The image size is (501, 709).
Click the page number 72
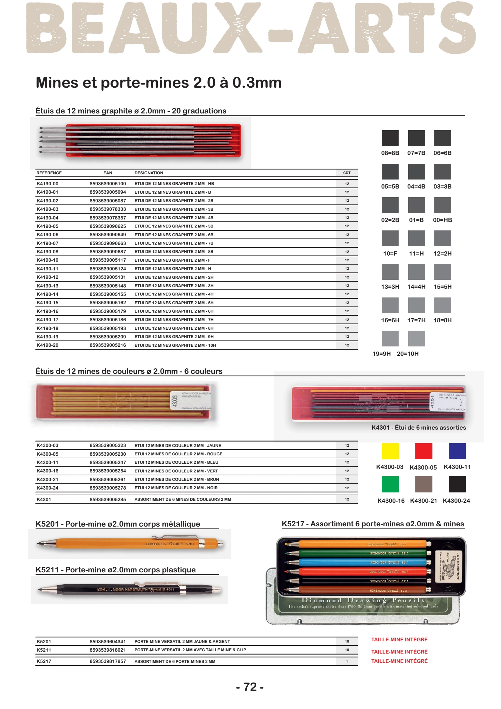pos(250,687)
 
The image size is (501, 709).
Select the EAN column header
pos(108,173)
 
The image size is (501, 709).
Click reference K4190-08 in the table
pos(47,252)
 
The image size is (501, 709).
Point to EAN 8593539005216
pos(108,345)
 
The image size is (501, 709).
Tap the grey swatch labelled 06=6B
pos(442,138)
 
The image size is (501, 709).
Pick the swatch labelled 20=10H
pos(416,338)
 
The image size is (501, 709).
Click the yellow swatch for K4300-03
pos(390,451)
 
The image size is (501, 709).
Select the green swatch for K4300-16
pos(390,484)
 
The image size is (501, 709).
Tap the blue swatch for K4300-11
pos(457,451)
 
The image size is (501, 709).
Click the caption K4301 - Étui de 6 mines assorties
pos(419,428)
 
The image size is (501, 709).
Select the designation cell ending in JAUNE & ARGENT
pos(182,642)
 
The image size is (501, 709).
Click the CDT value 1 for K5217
pos(347,661)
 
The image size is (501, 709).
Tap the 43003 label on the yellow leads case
pos(175,401)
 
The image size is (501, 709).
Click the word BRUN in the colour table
pos(213,480)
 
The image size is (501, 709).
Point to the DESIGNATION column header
pos(149,173)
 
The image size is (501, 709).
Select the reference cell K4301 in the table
pos(44,500)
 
